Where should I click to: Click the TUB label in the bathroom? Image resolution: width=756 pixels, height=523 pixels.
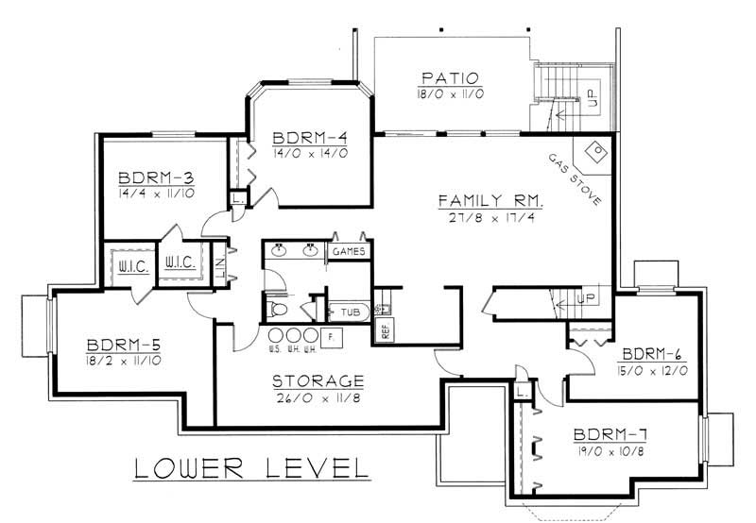tap(347, 310)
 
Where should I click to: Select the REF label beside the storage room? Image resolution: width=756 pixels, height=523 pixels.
tap(385, 330)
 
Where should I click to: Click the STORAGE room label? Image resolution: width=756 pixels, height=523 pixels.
tap(318, 381)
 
